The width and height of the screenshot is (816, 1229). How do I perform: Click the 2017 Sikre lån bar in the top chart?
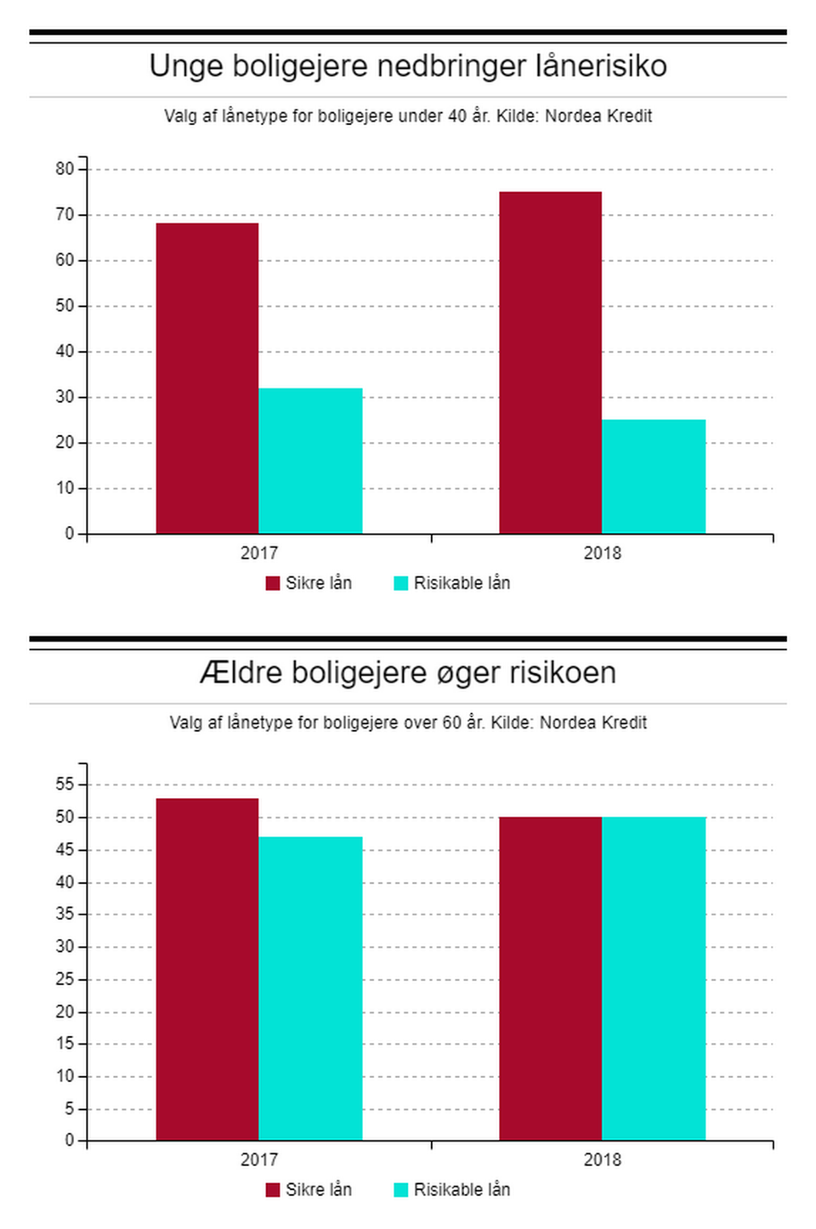207,378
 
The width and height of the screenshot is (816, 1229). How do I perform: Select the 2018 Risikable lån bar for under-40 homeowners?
654,477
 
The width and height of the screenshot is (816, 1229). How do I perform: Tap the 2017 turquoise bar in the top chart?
310,461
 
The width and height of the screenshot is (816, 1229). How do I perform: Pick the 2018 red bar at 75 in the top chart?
550,363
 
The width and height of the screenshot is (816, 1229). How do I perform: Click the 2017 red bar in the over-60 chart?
207,969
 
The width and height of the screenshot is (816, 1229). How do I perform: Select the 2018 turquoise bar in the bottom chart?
654,978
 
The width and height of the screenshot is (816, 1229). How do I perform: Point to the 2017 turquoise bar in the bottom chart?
310,988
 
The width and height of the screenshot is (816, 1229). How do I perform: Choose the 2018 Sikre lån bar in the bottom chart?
550,978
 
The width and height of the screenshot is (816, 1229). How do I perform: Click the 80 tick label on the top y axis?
65,169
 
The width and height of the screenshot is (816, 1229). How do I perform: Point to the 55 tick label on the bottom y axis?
65,784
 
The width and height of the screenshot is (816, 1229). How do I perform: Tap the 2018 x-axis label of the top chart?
602,553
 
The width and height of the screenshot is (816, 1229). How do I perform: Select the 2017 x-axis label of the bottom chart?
259,1160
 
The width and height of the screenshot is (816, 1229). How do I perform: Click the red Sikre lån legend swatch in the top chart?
273,583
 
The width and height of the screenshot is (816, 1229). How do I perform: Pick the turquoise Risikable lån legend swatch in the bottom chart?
401,1190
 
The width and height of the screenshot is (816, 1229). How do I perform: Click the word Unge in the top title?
184,66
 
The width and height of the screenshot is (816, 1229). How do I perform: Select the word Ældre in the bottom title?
240,673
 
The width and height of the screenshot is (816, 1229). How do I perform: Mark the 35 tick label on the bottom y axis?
65,915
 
